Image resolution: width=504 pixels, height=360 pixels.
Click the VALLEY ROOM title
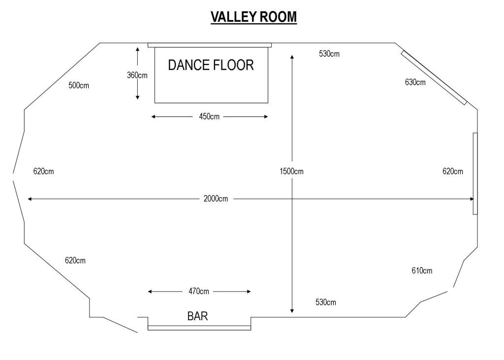coord(253,17)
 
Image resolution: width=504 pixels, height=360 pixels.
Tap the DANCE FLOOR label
coord(211,65)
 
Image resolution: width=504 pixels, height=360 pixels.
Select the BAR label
coord(197,316)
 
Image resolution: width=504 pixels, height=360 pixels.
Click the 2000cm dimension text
coord(216,199)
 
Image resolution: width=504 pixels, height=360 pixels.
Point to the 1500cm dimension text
coord(291,171)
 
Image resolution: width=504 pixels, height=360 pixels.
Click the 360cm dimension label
coord(137,75)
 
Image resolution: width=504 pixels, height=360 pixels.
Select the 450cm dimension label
coord(209,117)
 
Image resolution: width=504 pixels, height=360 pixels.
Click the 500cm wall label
coord(79,86)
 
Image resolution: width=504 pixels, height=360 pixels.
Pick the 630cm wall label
coord(415,82)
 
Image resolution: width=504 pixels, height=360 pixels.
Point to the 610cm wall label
coord(422,270)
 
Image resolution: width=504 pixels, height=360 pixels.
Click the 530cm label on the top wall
coord(329,54)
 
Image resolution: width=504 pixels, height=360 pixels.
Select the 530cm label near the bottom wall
coord(326,302)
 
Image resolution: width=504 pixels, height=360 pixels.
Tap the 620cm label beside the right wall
coord(453,171)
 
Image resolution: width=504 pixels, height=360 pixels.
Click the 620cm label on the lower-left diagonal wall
coord(75,260)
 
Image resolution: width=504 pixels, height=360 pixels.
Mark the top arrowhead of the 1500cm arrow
coord(292,57)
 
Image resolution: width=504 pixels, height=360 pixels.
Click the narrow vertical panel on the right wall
coord(475,173)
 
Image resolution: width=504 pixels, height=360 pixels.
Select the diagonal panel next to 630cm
coord(434,77)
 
